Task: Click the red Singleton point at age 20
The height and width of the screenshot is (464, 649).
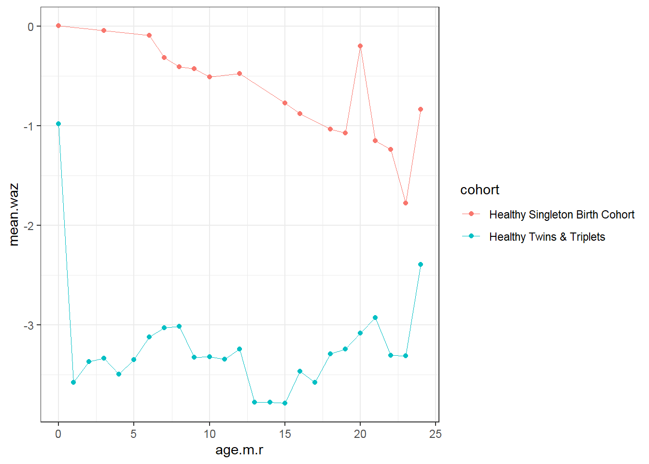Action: [x=360, y=46]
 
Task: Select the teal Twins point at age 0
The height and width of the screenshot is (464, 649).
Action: [x=58, y=124]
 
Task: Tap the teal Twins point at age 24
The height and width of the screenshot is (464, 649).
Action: [x=421, y=264]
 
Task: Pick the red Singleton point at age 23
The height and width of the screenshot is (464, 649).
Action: [x=406, y=203]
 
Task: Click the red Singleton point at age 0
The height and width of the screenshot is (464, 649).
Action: [x=58, y=26]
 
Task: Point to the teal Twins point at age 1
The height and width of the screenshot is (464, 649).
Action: [x=73, y=382]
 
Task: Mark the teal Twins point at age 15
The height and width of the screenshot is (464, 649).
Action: [x=285, y=403]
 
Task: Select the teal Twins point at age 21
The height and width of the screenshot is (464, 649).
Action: [x=375, y=318]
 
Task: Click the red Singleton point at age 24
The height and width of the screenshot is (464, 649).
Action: [x=421, y=109]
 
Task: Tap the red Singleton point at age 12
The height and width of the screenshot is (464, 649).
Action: [x=240, y=73]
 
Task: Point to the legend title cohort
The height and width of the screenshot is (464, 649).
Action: [x=480, y=190]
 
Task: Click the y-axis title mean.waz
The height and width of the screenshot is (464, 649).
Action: [x=14, y=215]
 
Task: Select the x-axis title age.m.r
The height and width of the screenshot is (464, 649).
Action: [x=239, y=450]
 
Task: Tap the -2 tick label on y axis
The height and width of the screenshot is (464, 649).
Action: [x=29, y=226]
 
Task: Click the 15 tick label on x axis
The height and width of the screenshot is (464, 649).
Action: [x=285, y=434]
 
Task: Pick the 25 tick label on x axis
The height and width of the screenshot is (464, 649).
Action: [x=436, y=434]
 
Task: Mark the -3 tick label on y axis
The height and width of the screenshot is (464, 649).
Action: [x=29, y=325]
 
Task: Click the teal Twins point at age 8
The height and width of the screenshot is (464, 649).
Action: [x=179, y=326]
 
